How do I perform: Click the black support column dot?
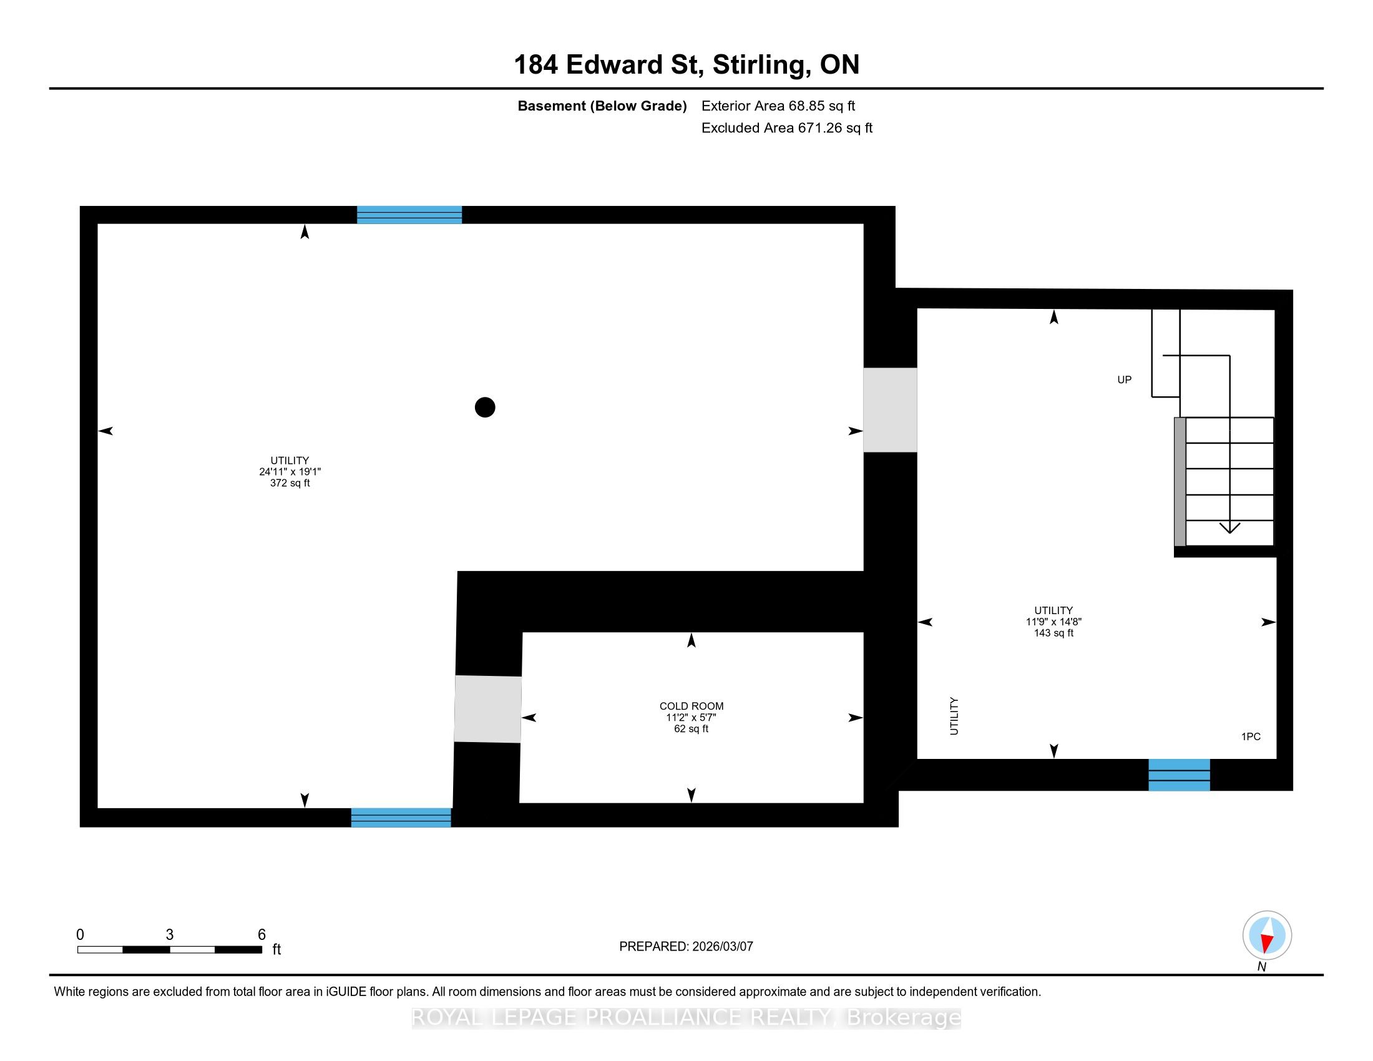[485, 408]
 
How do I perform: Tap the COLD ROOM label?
[691, 706]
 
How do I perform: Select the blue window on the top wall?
[409, 215]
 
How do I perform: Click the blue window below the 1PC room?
[1180, 775]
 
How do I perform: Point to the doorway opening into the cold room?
[488, 709]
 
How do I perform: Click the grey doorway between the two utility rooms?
[890, 410]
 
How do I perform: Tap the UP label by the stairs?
[1125, 379]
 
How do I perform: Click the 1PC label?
[1251, 736]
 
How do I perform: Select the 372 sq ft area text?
[290, 483]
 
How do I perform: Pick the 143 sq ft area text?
[1053, 633]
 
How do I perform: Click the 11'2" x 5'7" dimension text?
[691, 717]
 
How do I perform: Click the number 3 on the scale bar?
[170, 935]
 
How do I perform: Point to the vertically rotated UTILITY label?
[954, 716]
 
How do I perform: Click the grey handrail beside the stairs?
[1180, 481]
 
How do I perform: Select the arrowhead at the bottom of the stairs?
[1229, 527]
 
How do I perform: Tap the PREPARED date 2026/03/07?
[722, 946]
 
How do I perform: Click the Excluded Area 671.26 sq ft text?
[787, 128]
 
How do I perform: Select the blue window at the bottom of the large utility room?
[401, 818]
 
